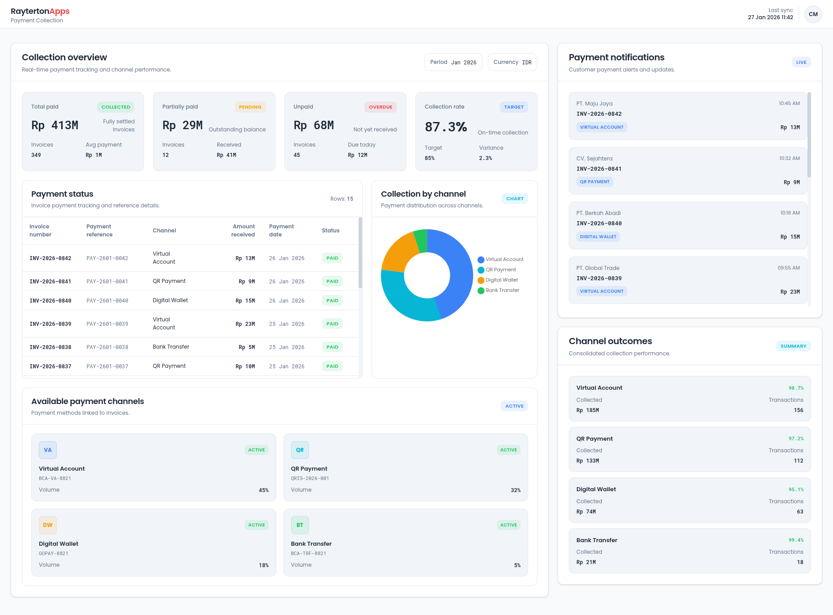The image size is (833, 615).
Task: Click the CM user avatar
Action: coord(813,14)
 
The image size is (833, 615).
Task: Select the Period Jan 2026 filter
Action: coord(453,62)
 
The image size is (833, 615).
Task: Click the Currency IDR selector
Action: coord(512,62)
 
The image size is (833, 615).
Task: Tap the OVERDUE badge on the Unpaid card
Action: coord(381,107)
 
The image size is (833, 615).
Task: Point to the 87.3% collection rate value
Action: coord(446,127)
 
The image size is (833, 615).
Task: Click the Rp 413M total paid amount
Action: coord(55,125)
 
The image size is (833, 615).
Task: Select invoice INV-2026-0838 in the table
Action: coord(51,347)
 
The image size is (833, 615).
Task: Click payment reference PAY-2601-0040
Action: coord(107,301)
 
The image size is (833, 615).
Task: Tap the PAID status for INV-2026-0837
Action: coord(332,366)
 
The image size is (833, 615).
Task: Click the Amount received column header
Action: coord(243,231)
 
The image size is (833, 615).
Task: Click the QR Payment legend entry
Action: coord(500,270)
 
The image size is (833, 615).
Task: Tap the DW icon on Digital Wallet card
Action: coord(48,525)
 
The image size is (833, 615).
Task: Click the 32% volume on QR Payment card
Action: coord(516,490)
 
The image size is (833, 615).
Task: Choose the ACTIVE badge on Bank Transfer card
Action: coord(508,525)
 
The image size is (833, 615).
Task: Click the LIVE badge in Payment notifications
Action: coord(801,63)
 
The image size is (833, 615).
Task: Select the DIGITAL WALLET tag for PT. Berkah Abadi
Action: coord(598,237)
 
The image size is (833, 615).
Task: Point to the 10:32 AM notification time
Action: coord(789,158)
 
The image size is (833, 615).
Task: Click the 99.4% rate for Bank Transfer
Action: coord(796,540)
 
